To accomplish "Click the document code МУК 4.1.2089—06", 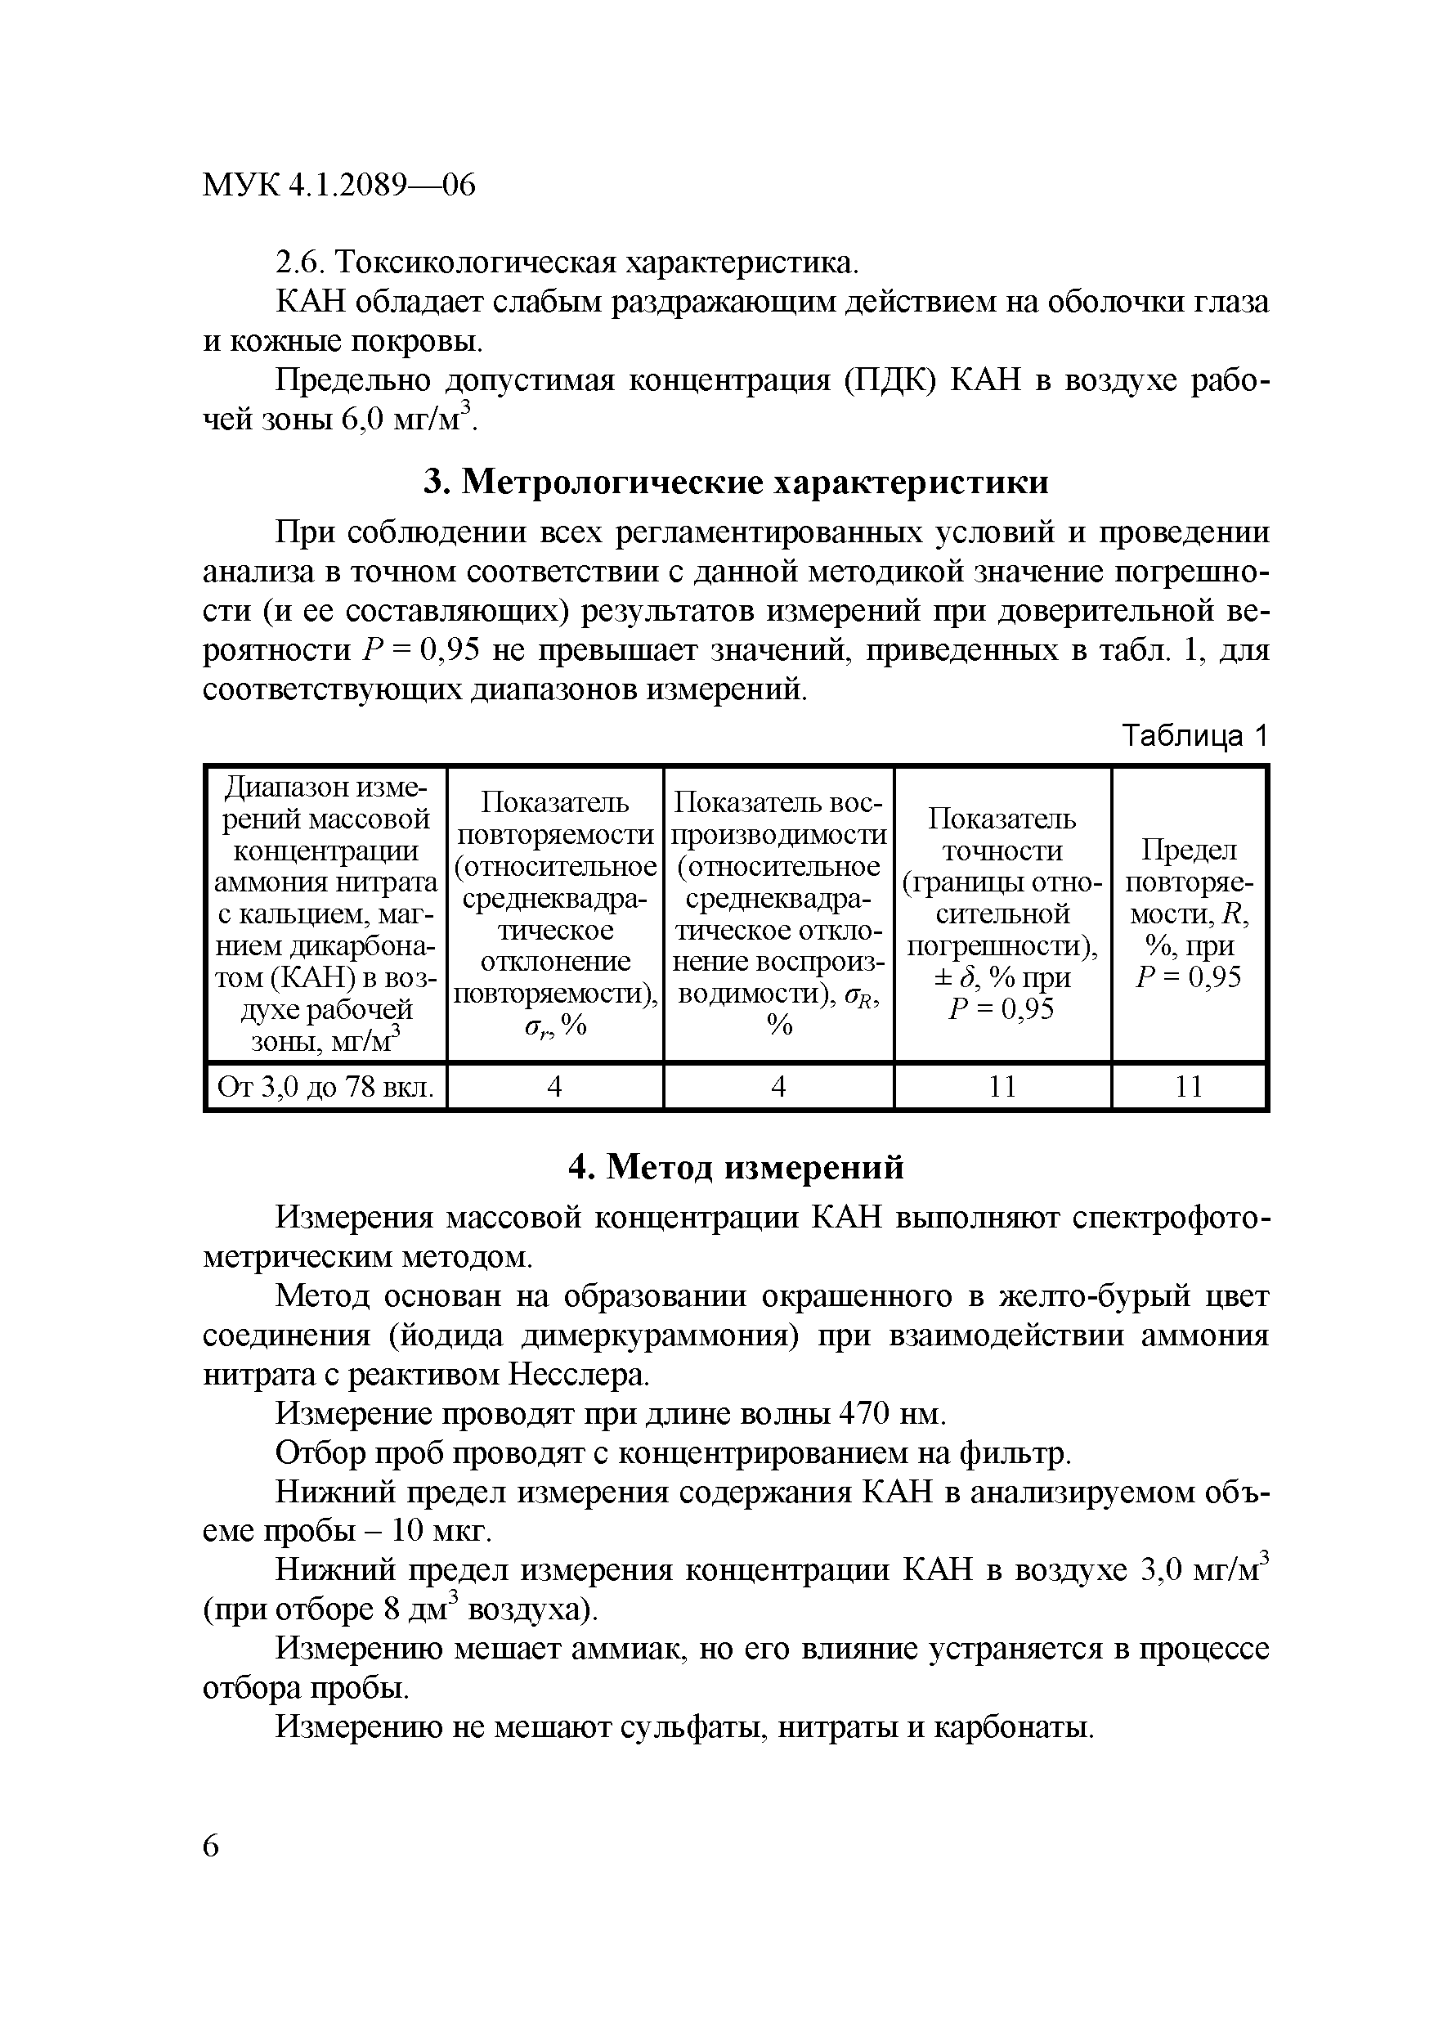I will [x=339, y=186].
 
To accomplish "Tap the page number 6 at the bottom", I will [x=211, y=1847].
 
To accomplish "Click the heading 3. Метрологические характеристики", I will [x=736, y=482].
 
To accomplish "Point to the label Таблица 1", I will [x=1194, y=735].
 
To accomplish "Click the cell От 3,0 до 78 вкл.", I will [x=325, y=1087].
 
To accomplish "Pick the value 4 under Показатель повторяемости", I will [x=555, y=1087].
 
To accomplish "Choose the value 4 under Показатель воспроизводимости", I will [x=778, y=1087].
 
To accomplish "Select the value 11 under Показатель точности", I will [x=1002, y=1087].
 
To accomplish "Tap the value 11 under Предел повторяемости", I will [x=1190, y=1087].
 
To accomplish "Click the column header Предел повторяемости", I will [x=1190, y=913].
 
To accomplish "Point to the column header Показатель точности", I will [x=1002, y=913].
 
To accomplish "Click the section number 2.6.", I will [x=299, y=263].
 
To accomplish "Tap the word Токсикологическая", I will [x=475, y=263].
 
